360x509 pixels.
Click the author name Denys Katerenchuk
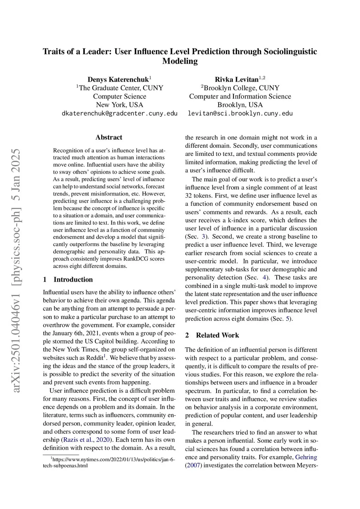(x=118, y=79)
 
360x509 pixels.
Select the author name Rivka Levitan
(x=237, y=79)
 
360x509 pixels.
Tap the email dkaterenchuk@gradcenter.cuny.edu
(x=120, y=114)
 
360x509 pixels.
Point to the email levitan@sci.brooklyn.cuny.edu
(x=240, y=114)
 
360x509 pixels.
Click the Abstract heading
(x=109, y=137)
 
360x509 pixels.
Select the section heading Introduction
(x=73, y=279)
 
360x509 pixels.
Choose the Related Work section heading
(x=217, y=335)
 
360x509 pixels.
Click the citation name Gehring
(x=306, y=457)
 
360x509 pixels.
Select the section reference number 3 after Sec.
(x=203, y=237)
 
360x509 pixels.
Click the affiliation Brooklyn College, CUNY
(x=241, y=88)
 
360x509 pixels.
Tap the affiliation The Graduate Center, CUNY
(x=121, y=88)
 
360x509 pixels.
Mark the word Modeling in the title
(x=180, y=61)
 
